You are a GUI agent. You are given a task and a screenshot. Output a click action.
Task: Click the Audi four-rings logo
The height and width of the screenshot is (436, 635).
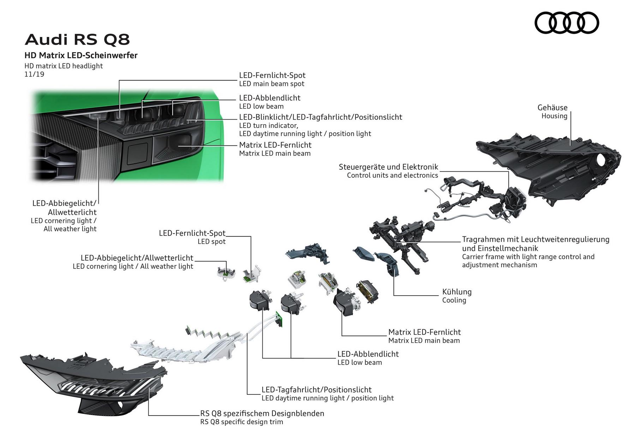(567, 23)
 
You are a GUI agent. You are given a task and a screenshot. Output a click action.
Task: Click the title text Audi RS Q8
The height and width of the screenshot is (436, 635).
(77, 40)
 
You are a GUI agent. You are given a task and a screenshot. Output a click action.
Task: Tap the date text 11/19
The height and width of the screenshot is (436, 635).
(34, 74)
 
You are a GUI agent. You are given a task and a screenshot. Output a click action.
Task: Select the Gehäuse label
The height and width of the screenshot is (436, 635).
(552, 108)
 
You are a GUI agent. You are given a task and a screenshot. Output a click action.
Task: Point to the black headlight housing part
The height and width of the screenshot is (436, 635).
(551, 162)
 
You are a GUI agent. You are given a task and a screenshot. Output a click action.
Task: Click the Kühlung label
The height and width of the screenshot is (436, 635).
(457, 292)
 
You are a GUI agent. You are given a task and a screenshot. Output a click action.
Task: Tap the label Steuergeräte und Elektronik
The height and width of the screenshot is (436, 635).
(388, 167)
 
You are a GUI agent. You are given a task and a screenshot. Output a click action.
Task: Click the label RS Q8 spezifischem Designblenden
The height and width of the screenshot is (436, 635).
(262, 413)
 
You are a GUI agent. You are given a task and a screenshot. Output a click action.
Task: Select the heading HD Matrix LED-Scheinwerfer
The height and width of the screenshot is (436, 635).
(81, 55)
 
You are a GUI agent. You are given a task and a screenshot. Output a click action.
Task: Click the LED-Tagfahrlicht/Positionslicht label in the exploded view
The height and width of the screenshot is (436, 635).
(316, 390)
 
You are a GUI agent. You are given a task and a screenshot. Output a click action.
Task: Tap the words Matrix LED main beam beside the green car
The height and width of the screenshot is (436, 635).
(275, 153)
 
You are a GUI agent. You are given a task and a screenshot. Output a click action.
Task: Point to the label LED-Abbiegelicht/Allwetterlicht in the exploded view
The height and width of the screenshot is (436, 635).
(137, 258)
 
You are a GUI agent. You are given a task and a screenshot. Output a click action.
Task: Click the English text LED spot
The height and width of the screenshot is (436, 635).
(211, 242)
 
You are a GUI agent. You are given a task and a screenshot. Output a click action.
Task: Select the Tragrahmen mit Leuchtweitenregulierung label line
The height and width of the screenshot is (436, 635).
(535, 240)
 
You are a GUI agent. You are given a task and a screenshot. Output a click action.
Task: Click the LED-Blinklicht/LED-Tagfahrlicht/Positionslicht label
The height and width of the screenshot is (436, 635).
(321, 117)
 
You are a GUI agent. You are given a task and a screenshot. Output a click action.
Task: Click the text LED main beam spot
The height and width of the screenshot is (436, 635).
(271, 84)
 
